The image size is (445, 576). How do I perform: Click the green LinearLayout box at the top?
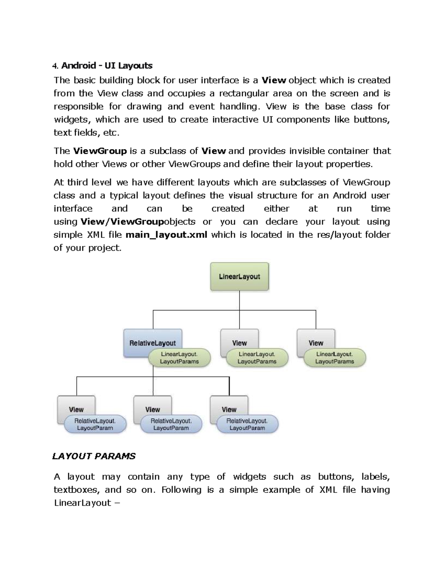pyautogui.click(x=239, y=276)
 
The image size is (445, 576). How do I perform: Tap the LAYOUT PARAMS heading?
pyautogui.click(x=94, y=456)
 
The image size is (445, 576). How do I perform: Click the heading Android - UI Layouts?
pyautogui.click(x=106, y=66)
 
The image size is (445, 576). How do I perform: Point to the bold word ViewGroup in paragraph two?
pyautogui.click(x=100, y=151)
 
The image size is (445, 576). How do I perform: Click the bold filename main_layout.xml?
pyautogui.click(x=167, y=235)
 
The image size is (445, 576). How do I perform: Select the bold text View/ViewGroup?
pyautogui.click(x=122, y=222)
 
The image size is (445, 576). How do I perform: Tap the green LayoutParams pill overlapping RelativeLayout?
pyautogui.click(x=179, y=358)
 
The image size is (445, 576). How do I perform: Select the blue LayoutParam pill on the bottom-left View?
pyautogui.click(x=95, y=424)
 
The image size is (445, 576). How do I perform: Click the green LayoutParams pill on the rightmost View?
pyautogui.click(x=334, y=358)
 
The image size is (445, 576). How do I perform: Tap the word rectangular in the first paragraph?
pyautogui.click(x=243, y=93)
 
